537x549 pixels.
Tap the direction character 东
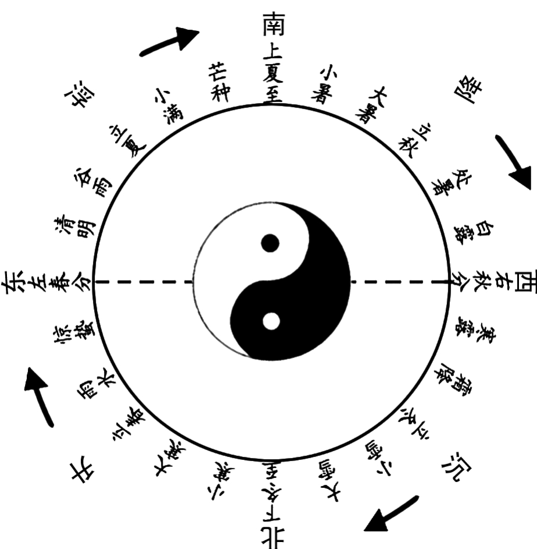coord(15,282)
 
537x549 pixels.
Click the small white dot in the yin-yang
coord(270,321)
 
